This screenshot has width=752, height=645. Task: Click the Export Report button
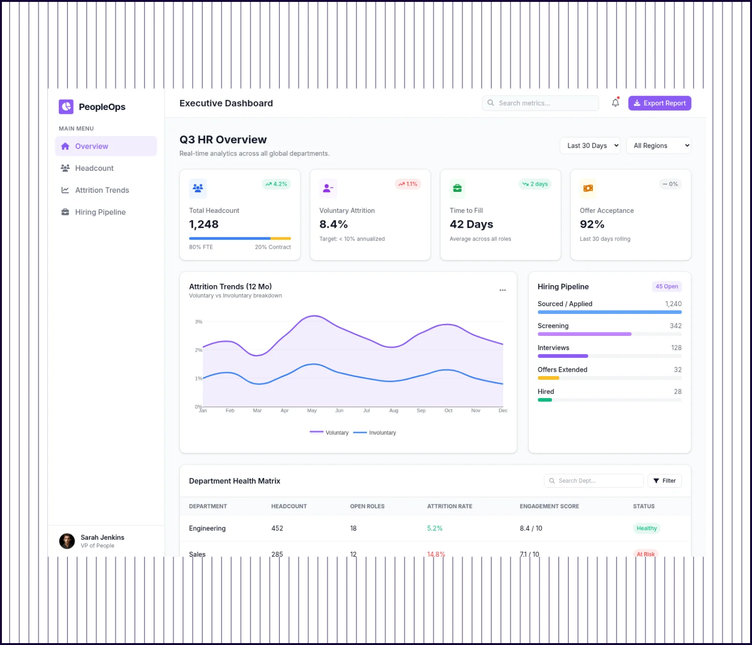pos(659,103)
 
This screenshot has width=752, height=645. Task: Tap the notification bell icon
pos(615,103)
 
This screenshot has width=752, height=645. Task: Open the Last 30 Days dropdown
pos(589,145)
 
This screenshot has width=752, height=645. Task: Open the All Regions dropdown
pos(658,145)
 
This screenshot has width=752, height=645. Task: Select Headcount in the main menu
pos(94,168)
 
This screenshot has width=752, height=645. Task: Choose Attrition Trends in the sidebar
pos(102,190)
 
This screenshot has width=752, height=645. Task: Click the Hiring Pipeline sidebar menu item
pos(100,212)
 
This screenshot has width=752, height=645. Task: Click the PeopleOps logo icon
pos(66,107)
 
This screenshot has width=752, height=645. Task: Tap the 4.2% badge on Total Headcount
pos(276,184)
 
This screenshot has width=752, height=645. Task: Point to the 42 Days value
pos(471,224)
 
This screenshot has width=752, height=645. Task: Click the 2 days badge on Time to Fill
pos(535,184)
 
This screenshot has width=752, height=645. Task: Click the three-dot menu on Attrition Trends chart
pos(502,290)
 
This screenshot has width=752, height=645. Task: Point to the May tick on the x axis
pos(312,411)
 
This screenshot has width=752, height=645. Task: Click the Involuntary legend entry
pos(375,433)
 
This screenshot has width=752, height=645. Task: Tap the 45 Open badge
pos(666,287)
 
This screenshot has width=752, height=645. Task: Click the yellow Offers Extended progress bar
pos(548,378)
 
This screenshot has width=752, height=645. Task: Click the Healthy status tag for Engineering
pos(646,528)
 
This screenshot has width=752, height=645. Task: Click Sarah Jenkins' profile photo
pos(67,541)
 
